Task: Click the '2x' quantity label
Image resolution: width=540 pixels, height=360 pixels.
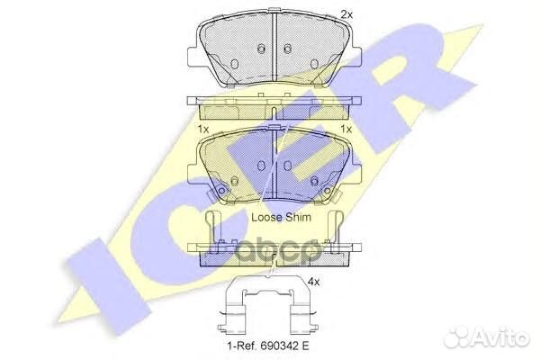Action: tap(346, 14)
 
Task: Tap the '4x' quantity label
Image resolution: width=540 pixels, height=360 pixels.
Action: tap(313, 282)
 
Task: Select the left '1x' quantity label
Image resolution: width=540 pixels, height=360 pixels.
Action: tap(202, 130)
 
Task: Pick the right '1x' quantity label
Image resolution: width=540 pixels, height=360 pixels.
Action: tap(346, 130)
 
